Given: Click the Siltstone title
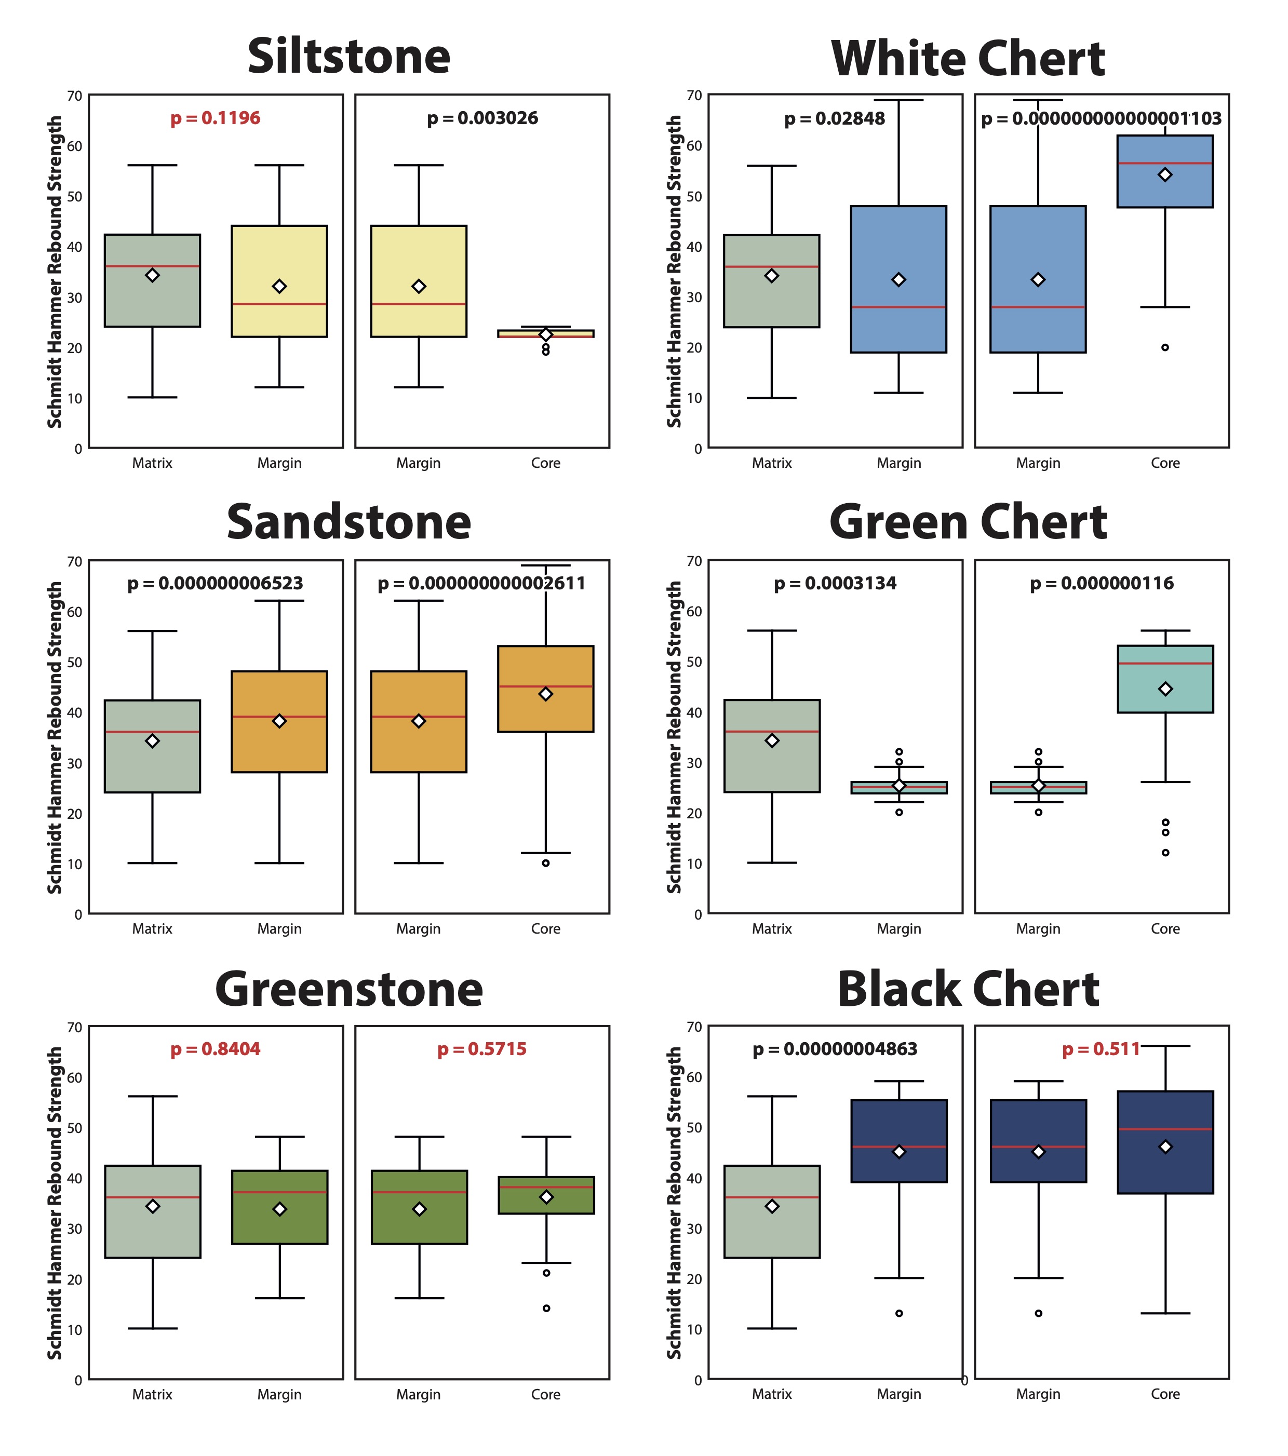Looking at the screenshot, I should [348, 57].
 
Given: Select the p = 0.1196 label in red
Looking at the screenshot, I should [215, 118].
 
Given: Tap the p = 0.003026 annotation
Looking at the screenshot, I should [482, 118].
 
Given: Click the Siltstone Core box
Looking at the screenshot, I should [546, 333].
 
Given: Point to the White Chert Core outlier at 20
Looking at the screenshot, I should [1165, 347].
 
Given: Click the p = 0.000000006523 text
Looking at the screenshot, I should [215, 584].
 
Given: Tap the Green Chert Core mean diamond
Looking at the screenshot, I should [1165, 689].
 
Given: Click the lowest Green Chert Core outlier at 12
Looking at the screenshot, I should [1165, 853].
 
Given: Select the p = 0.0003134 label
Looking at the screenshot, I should [835, 584].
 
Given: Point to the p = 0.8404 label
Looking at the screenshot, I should [215, 1049].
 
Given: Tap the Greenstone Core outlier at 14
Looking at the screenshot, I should [546, 1308].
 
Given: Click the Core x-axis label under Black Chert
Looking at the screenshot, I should [1165, 1394].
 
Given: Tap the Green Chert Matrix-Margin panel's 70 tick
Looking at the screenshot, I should [694, 561].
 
